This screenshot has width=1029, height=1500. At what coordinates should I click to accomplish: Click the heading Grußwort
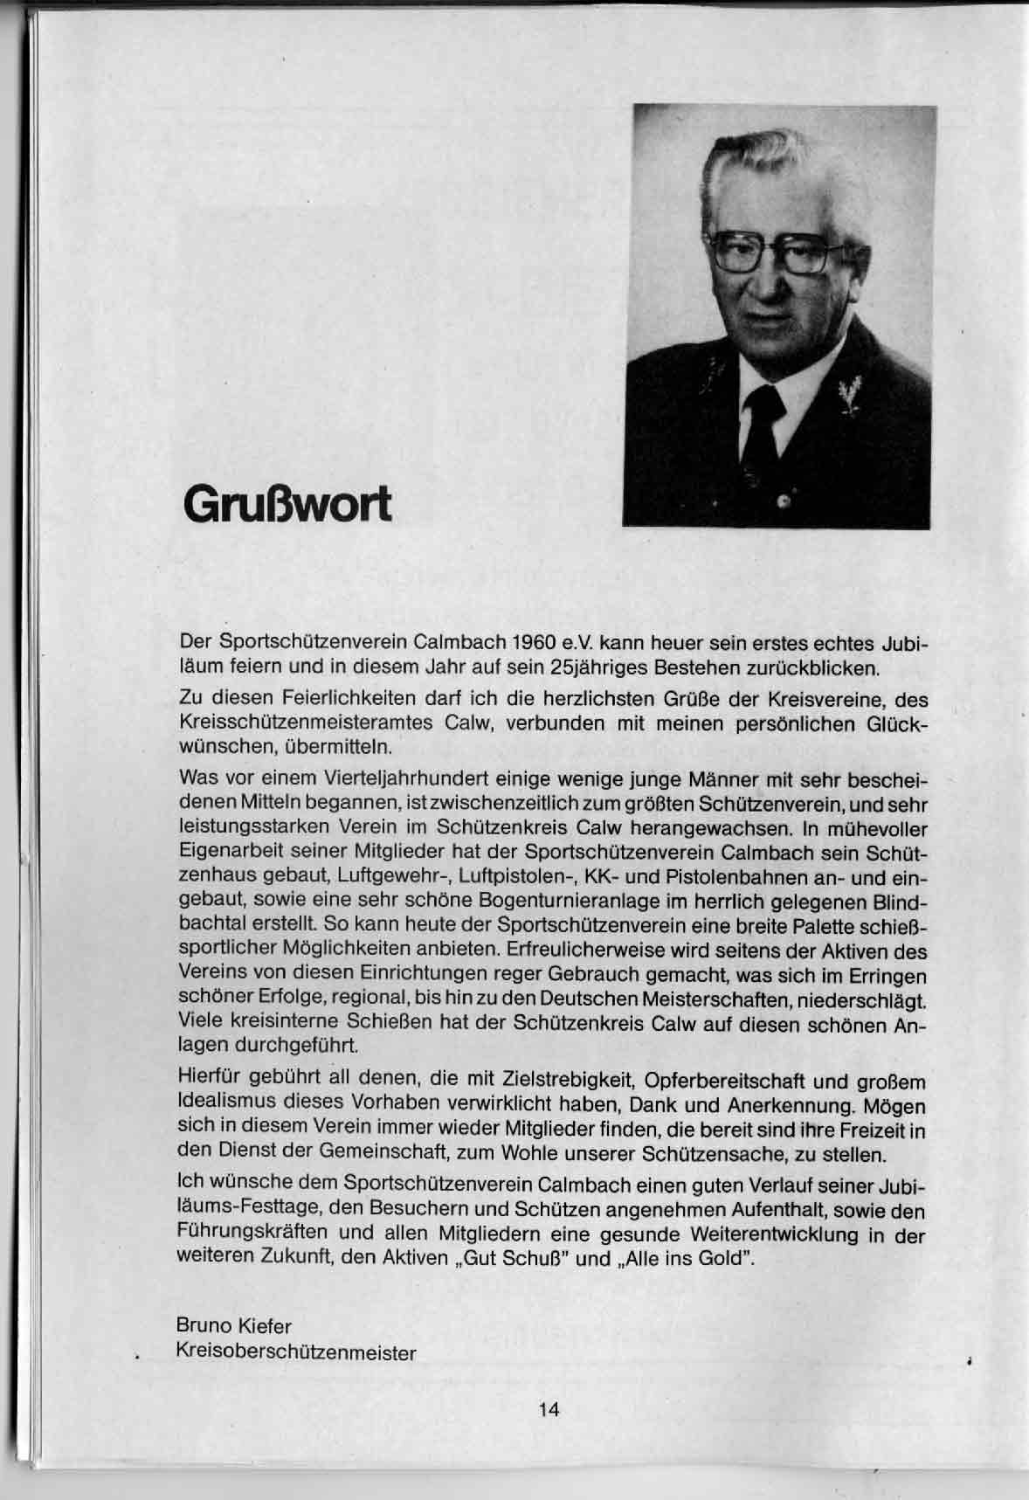[x=287, y=506]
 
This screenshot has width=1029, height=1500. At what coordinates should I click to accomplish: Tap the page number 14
[x=549, y=1409]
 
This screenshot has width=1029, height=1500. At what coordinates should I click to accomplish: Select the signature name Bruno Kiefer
[x=233, y=1326]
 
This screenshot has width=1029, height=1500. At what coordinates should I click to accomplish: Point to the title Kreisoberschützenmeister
[x=296, y=1353]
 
